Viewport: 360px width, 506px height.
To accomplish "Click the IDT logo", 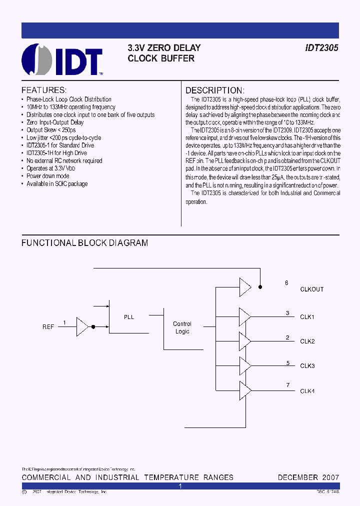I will [62, 59].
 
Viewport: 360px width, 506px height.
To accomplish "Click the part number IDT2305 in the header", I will [322, 48].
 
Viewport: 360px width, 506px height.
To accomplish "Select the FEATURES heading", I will [44, 90].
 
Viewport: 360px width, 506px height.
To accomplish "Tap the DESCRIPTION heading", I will [215, 90].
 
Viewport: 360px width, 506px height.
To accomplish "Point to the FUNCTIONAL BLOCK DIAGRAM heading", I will [84, 243].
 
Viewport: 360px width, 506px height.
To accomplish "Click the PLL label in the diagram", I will [128, 317].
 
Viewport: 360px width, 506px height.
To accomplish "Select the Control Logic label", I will [182, 327].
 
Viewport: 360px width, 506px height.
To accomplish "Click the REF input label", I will [48, 327].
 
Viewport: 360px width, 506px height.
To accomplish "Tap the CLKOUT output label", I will [311, 289].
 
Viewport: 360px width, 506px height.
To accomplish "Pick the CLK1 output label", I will [307, 317].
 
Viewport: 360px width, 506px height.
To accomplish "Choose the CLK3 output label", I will [307, 366].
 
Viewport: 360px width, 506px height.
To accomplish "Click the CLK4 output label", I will [307, 391].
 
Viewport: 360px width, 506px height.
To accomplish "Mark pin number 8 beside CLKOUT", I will [286, 283].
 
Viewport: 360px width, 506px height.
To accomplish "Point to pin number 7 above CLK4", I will [287, 384].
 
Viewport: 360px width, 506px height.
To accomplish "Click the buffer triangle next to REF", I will [82, 326].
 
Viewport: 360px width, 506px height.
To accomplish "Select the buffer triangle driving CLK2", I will [245, 341].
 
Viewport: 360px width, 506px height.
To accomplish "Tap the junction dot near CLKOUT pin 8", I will [259, 287].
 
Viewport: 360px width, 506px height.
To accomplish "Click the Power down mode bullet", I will [48, 176].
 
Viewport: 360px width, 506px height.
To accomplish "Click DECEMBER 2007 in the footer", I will [308, 477].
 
